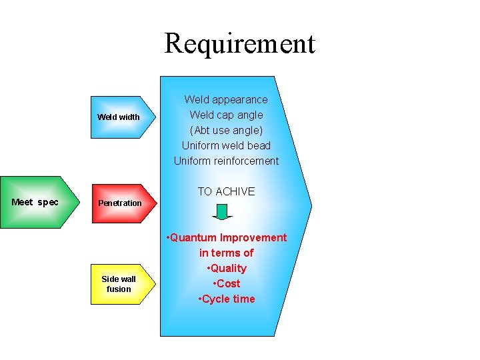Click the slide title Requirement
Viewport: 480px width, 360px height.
click(239, 43)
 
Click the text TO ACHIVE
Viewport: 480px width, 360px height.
click(226, 191)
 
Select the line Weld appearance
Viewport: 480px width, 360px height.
click(226, 99)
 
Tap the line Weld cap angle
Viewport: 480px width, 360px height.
click(226, 115)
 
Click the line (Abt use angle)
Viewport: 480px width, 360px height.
click(226, 130)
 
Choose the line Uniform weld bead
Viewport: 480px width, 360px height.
click(226, 145)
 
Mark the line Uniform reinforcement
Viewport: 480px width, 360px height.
click(226, 161)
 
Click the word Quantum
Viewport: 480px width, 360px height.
click(193, 237)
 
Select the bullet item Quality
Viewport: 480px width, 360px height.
click(228, 268)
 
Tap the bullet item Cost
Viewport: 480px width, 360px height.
click(228, 283)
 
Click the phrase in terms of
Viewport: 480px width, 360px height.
click(226, 253)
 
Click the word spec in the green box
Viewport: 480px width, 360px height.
click(48, 202)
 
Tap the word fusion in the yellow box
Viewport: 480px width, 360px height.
click(119, 289)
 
